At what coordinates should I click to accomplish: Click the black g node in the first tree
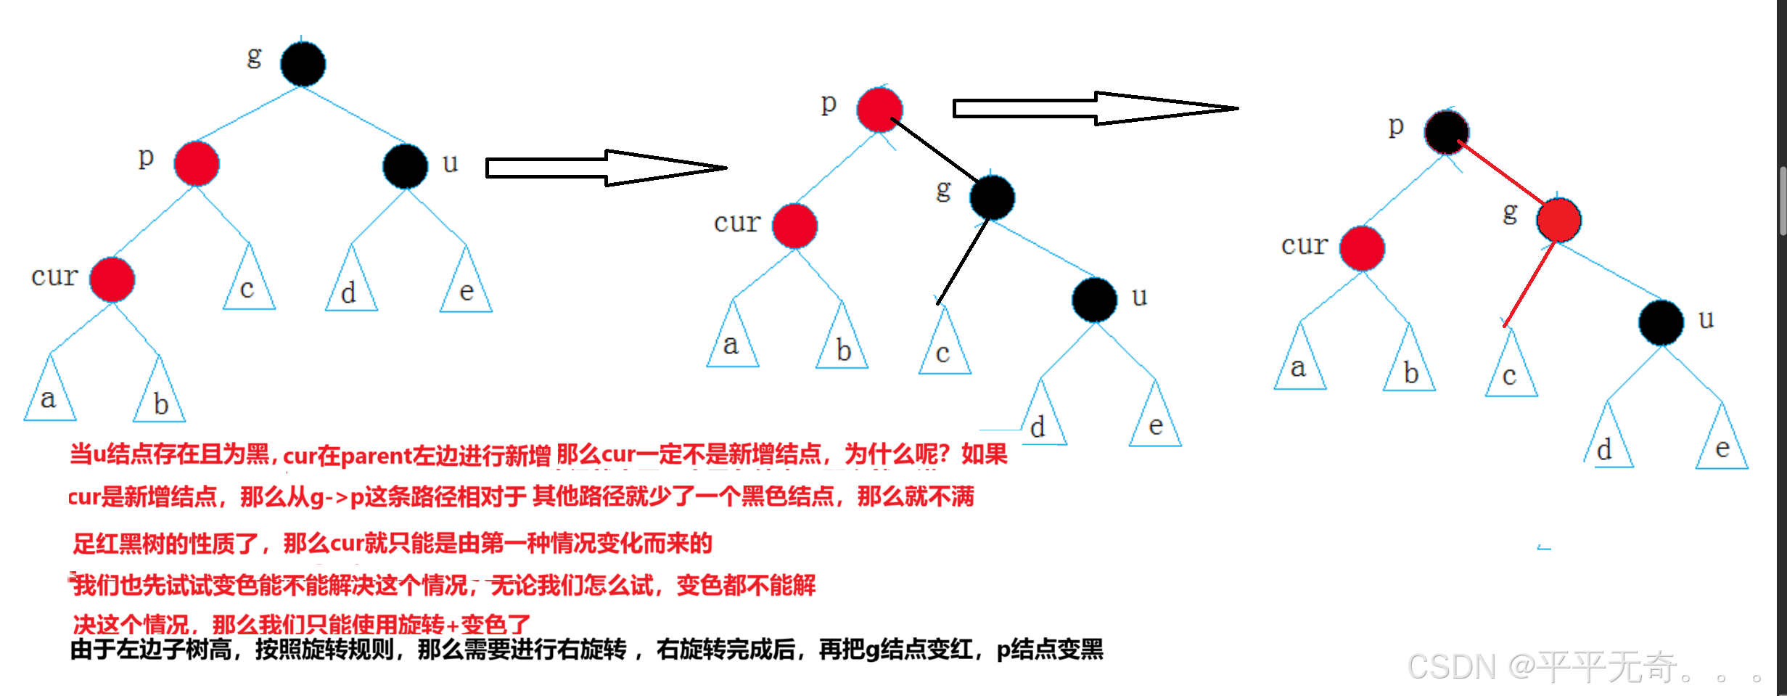click(303, 64)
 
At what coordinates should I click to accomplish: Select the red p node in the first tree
click(197, 163)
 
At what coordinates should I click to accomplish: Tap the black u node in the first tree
click(405, 166)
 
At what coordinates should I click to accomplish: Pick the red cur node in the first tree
click(112, 279)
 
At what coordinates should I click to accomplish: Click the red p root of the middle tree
click(879, 110)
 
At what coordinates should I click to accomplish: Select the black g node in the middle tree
click(992, 197)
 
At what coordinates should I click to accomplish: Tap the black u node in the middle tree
click(1094, 300)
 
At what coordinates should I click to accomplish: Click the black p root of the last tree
click(1446, 132)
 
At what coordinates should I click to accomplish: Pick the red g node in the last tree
click(1558, 220)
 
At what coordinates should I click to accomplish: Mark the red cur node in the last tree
click(1362, 248)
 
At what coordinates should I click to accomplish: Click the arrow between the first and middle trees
click(606, 168)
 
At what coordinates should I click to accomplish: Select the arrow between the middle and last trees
click(1095, 108)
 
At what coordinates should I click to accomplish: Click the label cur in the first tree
click(54, 276)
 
